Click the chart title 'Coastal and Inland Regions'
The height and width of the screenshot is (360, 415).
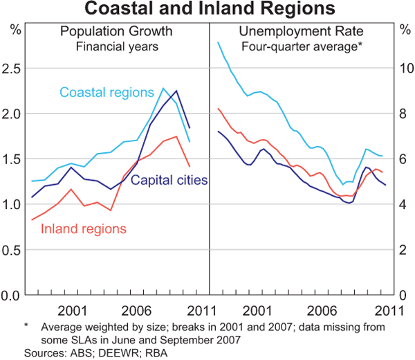(207, 10)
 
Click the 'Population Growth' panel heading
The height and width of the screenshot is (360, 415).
(116, 32)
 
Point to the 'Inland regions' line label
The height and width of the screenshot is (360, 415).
(84, 228)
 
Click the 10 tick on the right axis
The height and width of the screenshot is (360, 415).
(404, 69)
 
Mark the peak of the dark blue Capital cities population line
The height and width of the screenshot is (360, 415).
(176, 91)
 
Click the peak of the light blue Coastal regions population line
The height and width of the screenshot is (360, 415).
(163, 88)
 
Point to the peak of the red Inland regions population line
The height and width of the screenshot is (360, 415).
(176, 136)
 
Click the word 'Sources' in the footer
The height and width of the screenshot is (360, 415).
(43, 352)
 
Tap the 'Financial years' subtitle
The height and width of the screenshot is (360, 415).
(116, 47)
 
